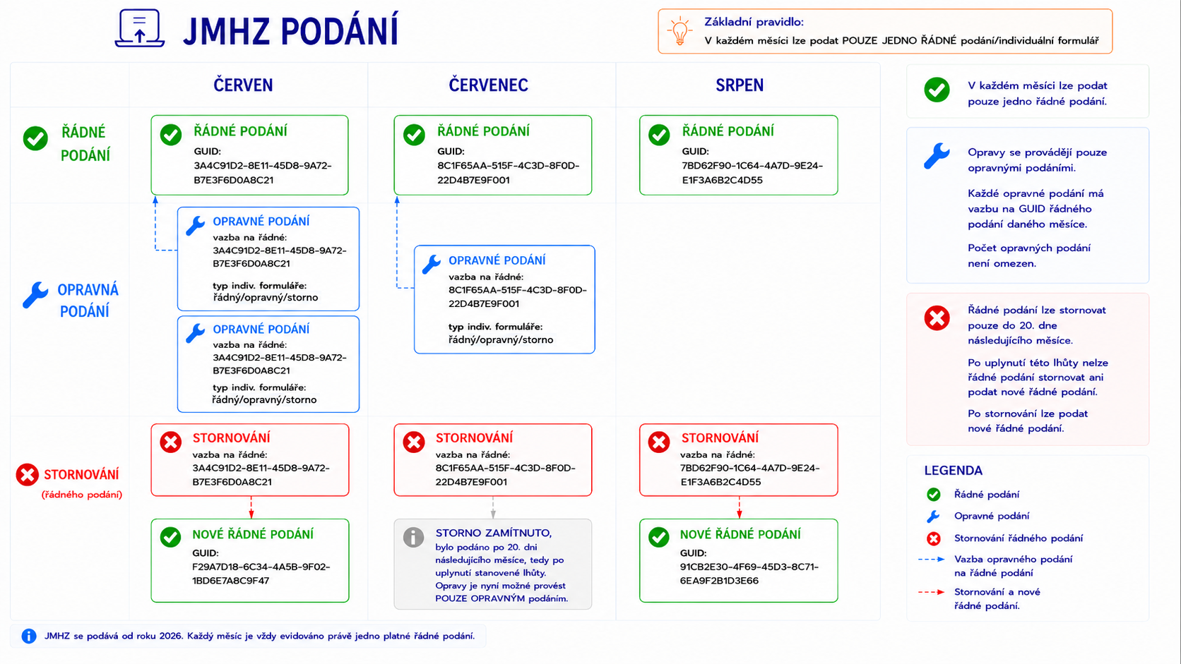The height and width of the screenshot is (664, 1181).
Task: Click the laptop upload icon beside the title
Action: coord(140,28)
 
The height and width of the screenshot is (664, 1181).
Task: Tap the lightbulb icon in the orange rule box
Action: coord(679,30)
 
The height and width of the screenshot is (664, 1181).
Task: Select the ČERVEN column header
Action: coord(243,85)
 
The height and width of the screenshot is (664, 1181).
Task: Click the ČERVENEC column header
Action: coord(488,85)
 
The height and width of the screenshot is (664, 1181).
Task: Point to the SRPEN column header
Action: coord(739,85)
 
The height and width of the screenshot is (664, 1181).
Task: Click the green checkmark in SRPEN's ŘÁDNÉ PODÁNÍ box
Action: coord(659,134)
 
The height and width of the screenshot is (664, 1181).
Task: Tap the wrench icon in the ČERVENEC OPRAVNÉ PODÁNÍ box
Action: coord(432,265)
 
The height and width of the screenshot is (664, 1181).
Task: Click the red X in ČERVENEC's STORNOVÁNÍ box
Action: coord(414,442)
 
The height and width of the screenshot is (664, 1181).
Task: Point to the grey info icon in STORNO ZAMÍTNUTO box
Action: coord(413,537)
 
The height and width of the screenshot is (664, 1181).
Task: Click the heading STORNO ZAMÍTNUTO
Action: coord(494,533)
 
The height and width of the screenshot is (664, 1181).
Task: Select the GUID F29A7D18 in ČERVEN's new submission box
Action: coord(261,574)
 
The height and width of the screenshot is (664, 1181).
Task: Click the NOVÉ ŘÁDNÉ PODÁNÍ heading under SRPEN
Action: coord(740,534)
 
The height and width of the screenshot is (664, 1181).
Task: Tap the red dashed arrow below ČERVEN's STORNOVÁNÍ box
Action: coord(251,507)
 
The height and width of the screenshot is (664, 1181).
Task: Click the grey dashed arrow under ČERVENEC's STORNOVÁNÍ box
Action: coord(493,507)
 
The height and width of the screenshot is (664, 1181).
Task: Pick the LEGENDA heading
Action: coord(954,470)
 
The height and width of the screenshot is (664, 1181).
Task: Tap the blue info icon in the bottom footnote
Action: coord(29,636)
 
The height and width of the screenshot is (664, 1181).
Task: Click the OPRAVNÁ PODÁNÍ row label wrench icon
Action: coord(35,295)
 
